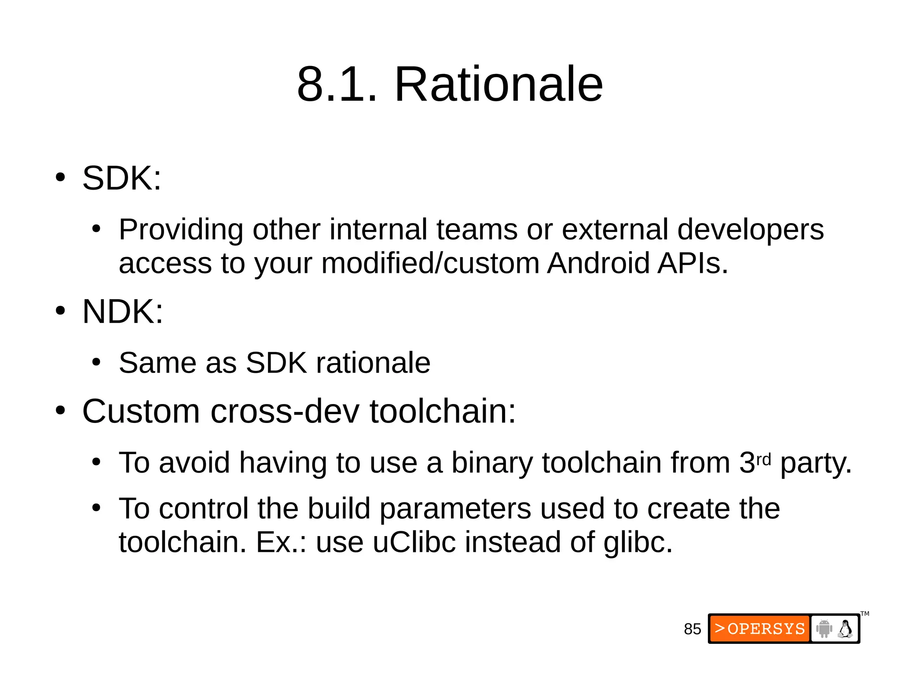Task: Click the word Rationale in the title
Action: [498, 84]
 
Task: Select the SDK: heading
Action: [122, 178]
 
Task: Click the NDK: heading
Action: [123, 312]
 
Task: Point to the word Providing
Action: [181, 230]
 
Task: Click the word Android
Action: [598, 263]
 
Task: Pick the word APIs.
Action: [692, 263]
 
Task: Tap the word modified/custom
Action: [430, 263]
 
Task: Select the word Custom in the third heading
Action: [141, 411]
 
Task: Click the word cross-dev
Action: [285, 411]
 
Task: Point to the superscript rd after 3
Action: [763, 459]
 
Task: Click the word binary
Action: [492, 463]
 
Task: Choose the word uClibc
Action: [414, 542]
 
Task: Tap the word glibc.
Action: [638, 542]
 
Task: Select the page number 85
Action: [692, 629]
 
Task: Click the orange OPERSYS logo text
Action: [760, 628]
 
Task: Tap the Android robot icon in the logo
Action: [824, 628]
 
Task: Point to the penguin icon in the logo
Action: [845, 629]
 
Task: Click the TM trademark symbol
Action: [865, 614]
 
